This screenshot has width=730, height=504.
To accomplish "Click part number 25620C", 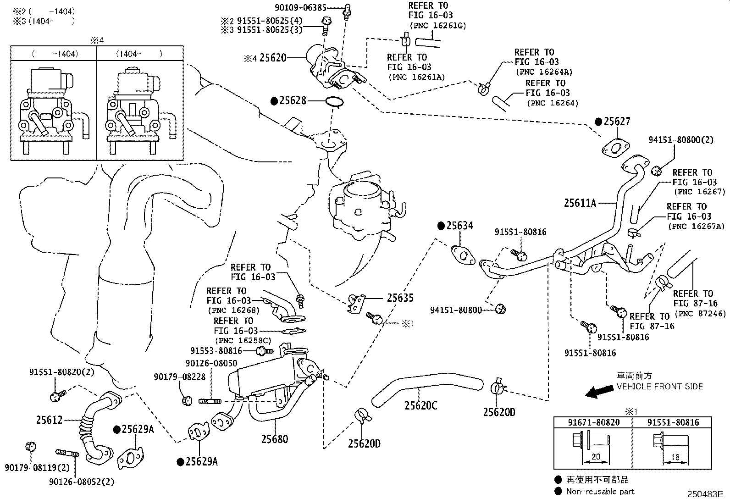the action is click(x=421, y=405).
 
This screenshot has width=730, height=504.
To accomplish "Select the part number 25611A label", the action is click(x=580, y=203).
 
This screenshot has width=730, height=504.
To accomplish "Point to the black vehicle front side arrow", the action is click(x=599, y=391).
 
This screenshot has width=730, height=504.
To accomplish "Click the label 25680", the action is click(x=275, y=439).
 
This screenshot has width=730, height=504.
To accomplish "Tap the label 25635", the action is click(x=400, y=298).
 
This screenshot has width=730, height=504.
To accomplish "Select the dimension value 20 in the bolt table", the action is click(x=596, y=456).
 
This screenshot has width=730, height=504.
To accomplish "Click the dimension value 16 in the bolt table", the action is click(x=675, y=457).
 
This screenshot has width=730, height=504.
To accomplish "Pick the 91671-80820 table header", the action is click(x=594, y=422).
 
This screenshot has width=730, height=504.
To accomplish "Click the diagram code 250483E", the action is click(x=705, y=494).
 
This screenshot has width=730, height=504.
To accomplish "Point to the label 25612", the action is click(x=49, y=420).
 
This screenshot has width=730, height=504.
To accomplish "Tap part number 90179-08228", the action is click(x=180, y=377).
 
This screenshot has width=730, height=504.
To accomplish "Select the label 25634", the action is click(x=459, y=226).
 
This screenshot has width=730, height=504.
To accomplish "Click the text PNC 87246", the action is click(x=700, y=314).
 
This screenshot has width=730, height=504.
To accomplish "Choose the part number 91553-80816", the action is click(x=216, y=351).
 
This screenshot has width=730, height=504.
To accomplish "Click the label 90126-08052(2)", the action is click(x=82, y=482).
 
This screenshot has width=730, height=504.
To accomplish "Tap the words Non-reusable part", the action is click(x=600, y=492).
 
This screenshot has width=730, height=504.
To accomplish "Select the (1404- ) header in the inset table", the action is click(x=139, y=54).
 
